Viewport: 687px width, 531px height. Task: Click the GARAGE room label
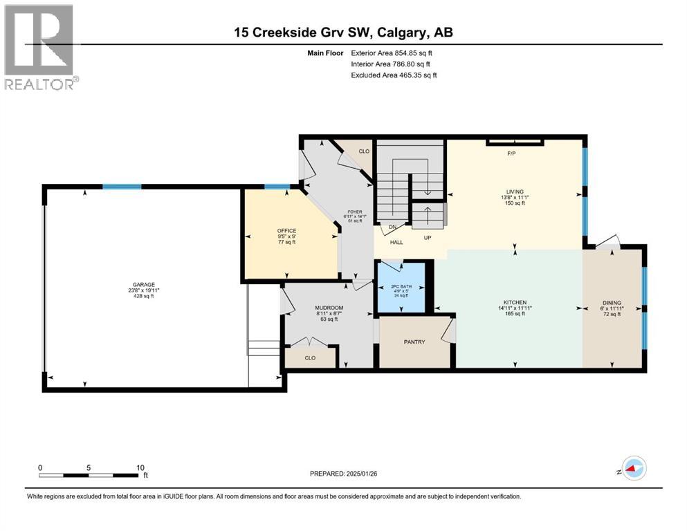tap(145, 284)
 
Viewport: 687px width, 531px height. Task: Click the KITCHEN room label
tap(515, 302)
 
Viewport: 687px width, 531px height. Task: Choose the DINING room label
tap(612, 302)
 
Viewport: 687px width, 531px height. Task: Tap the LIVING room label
tap(514, 192)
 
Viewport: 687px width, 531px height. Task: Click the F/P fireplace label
tap(512, 153)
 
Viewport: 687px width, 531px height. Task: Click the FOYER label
tap(354, 212)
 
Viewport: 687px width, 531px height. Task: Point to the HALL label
tap(396, 243)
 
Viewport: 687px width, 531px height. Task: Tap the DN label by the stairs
tap(392, 227)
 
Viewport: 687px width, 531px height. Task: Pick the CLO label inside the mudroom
tap(310, 358)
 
